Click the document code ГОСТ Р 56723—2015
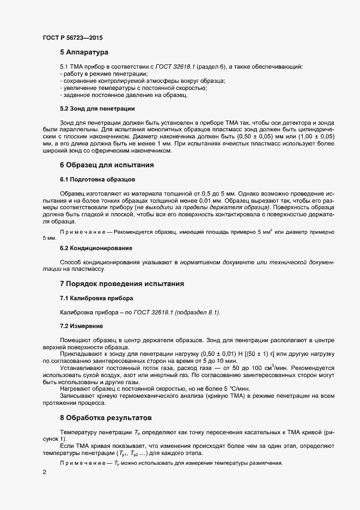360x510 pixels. (x=72, y=38)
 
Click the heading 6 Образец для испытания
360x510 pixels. (x=106, y=165)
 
